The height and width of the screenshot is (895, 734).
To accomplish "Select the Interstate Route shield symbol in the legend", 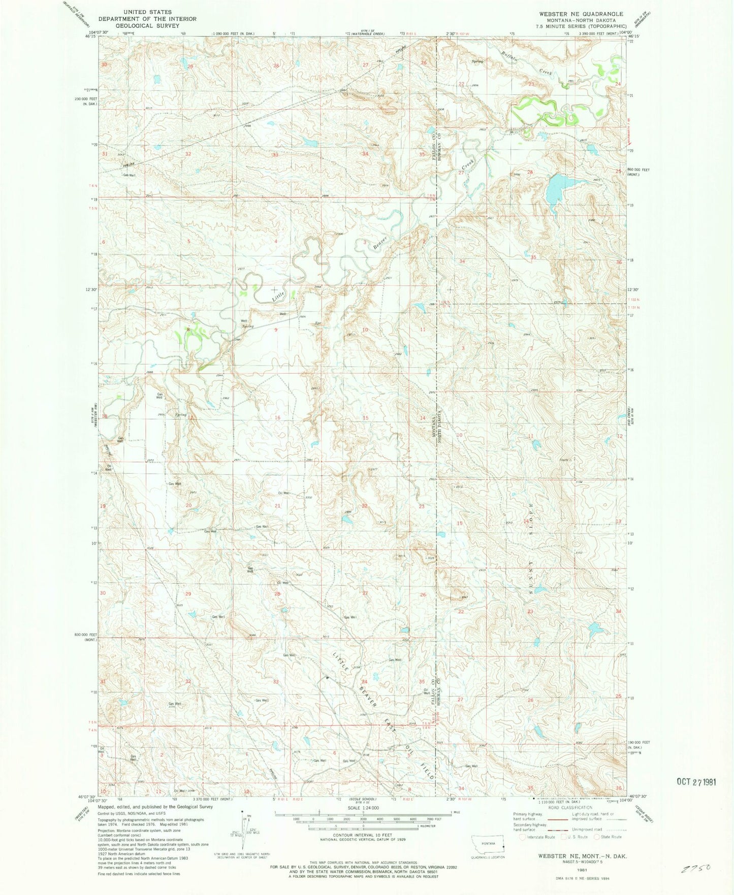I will (522, 837).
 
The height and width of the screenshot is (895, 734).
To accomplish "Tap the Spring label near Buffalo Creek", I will (477, 61).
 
